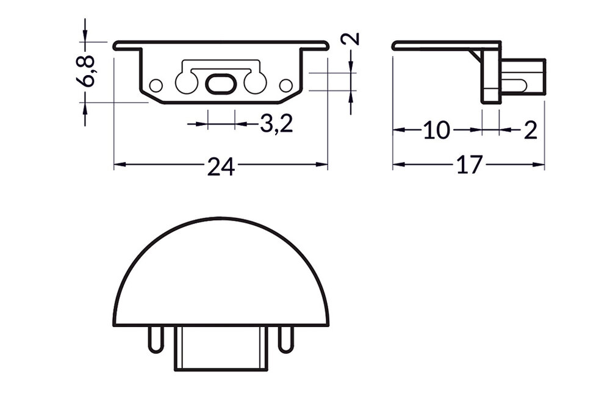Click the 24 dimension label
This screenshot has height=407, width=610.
click(221, 166)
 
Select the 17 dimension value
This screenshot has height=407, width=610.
click(469, 165)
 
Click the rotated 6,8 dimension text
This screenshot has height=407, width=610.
click(88, 71)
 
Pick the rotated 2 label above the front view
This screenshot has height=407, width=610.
click(351, 40)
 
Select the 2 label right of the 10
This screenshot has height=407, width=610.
click(530, 131)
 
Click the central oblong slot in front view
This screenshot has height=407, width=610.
click(220, 84)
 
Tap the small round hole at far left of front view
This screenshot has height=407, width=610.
click(156, 85)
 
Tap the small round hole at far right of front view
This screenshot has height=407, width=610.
click(285, 85)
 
